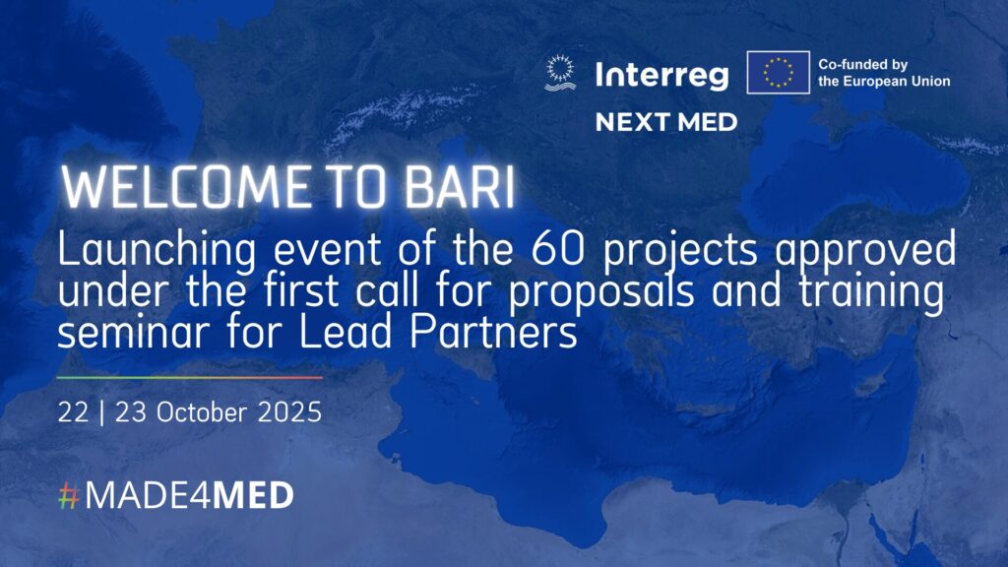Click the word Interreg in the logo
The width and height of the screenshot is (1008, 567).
coord(662,75)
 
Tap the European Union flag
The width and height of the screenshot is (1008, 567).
coord(778,72)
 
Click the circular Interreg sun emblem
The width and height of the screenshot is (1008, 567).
coord(560,73)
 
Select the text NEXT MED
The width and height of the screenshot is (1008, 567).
coord(666,122)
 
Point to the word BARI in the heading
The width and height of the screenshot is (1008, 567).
coord(460,188)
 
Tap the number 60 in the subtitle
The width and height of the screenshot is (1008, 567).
coord(558,249)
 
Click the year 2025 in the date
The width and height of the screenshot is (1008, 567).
coord(289,412)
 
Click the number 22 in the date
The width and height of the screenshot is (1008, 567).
coord(73,412)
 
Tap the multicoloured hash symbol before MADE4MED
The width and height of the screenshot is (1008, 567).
coord(68,496)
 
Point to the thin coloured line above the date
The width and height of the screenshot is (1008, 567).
coord(190,377)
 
